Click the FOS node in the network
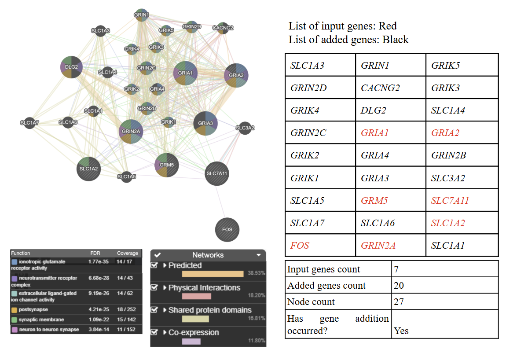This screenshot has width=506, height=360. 227,230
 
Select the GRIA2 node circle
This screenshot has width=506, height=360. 236,75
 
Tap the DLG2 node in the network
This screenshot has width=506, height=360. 71,67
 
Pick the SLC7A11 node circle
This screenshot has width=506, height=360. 217,174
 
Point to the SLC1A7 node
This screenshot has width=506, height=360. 29,123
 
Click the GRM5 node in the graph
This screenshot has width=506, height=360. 166,165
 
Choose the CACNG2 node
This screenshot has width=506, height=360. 223,28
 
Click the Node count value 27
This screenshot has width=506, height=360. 399,301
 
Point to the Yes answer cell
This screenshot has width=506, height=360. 401,331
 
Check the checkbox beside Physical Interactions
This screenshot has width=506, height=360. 154,287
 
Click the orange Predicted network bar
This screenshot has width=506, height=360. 213,274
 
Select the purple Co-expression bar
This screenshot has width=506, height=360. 191,341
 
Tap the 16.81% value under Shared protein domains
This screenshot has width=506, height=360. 257,318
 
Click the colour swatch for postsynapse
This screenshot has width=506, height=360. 14,310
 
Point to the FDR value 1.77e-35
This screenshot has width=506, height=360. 99,261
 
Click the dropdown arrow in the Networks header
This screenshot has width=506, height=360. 258,255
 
